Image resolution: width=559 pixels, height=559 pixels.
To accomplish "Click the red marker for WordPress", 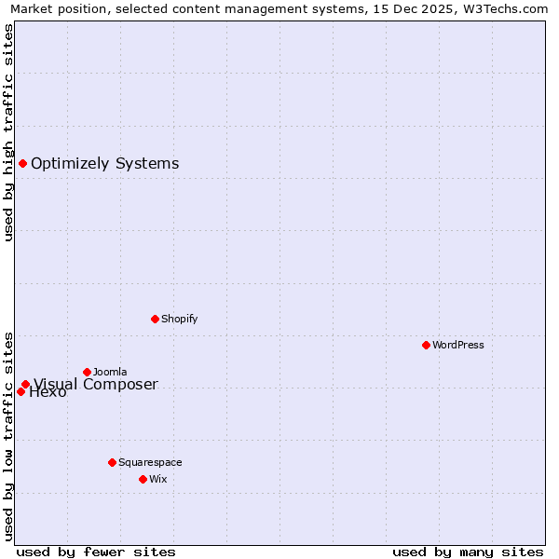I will pos(426,345).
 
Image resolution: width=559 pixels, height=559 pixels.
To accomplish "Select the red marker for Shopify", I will pos(155,319).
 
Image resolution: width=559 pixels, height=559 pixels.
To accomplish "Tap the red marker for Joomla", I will pos(87,372).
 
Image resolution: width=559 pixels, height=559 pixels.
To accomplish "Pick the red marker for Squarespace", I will pos(112,462).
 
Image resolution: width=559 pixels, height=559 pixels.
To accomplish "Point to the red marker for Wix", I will pos(143,479).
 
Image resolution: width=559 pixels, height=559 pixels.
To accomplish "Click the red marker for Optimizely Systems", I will pos(22,164).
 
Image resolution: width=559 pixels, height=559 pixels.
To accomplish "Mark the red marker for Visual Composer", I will pos(25,384).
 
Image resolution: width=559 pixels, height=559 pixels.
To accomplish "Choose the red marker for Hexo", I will pos(20,391).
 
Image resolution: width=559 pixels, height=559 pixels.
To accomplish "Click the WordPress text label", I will pos(458,345).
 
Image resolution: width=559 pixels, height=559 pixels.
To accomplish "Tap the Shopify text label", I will pos(180,319).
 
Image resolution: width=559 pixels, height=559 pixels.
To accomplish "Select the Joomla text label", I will pos(110,372).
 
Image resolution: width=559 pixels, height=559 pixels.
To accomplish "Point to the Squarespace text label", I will pos(150,462).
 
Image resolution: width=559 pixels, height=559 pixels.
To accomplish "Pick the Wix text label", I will pos(157,479).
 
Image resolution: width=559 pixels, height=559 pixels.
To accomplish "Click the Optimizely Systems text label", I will pos(104,164).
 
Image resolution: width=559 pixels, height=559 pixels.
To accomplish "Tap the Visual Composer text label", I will pos(96,384).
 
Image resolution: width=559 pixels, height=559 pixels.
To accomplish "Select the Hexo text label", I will pos(48,392).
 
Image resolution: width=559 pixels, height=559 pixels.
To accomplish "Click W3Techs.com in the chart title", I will pos(501,9).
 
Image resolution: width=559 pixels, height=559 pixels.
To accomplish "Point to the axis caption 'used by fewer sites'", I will pos(96,552).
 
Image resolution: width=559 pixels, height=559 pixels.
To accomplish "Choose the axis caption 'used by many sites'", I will pos(468,552).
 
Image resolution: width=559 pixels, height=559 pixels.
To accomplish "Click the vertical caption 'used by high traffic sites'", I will pos(9,132).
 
